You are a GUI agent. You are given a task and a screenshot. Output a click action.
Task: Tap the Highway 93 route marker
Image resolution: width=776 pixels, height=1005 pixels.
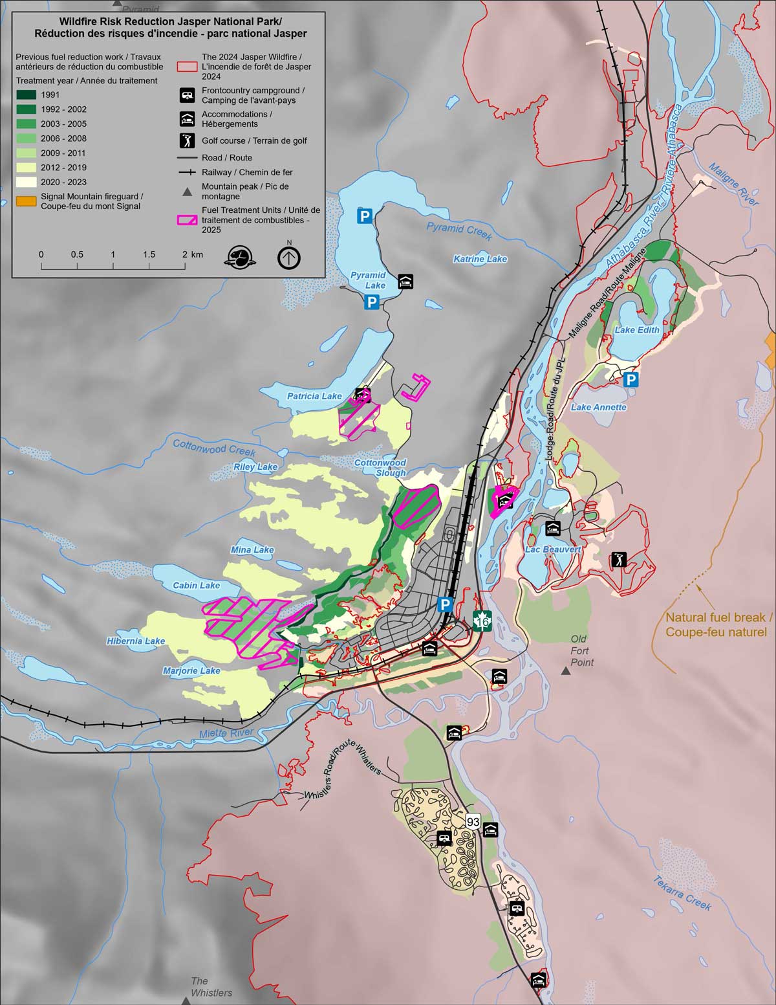(473, 822)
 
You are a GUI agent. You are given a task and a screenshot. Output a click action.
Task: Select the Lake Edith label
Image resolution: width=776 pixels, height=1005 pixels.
(637, 330)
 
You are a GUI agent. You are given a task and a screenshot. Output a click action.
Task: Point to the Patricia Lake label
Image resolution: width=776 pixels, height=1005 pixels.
(314, 396)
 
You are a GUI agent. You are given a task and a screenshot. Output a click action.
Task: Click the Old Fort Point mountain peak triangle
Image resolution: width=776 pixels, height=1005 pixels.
(566, 672)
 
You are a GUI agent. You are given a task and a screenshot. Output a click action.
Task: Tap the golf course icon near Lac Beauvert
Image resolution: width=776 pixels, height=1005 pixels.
(619, 559)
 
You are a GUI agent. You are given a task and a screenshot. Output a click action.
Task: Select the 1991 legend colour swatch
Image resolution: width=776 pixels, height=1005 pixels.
(26, 95)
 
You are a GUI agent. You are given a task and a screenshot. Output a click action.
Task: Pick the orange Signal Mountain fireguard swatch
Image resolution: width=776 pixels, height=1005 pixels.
(26, 201)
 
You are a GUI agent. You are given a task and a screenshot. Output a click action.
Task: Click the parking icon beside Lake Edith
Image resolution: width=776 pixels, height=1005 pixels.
(631, 379)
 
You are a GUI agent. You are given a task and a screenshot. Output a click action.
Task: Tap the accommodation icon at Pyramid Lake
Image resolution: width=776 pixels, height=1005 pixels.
(405, 282)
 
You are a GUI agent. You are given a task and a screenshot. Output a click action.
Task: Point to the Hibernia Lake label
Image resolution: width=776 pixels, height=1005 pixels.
(136, 641)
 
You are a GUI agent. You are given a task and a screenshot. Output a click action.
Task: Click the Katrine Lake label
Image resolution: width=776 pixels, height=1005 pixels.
(480, 259)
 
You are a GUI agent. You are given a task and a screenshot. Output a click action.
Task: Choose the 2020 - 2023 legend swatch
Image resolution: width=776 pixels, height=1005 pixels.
(26, 182)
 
